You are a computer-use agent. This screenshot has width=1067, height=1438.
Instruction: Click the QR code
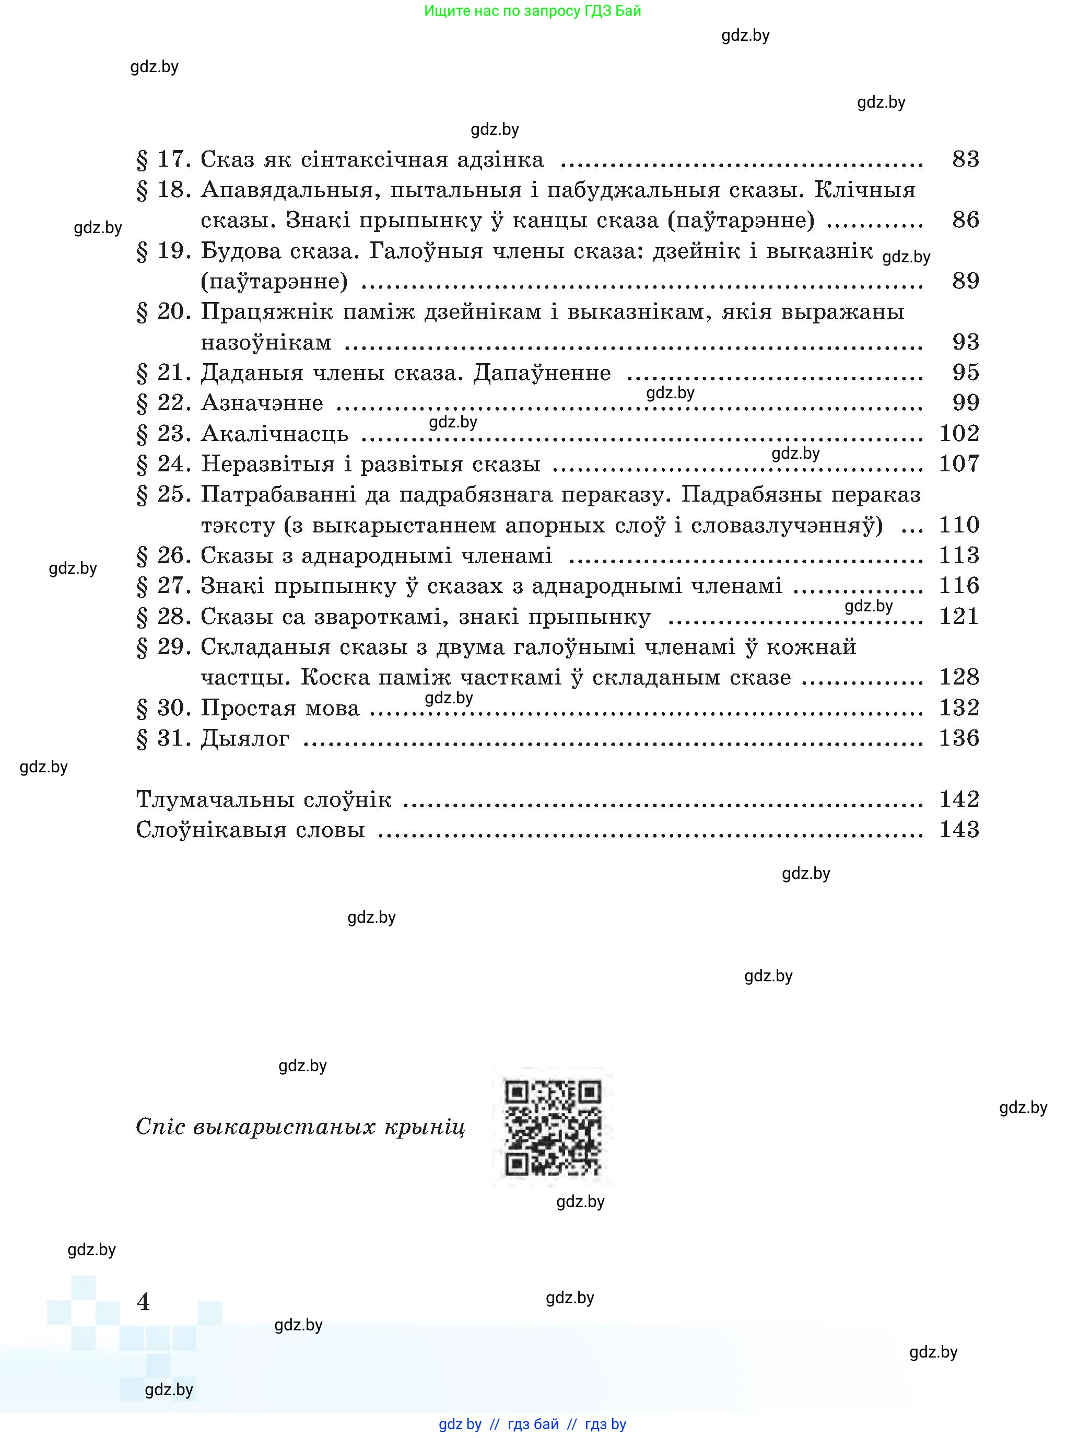[x=553, y=1128]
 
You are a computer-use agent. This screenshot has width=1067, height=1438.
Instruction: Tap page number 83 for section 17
[x=965, y=159]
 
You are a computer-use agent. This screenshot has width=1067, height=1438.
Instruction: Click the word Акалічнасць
[x=275, y=433]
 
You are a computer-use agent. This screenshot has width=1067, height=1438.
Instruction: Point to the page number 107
[x=958, y=463]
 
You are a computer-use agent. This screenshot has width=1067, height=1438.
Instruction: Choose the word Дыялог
[x=245, y=738]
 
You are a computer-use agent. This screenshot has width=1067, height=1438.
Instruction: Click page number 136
[x=958, y=737]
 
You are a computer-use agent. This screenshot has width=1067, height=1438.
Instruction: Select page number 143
[x=958, y=829]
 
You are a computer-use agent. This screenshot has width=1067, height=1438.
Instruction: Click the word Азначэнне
[x=262, y=403]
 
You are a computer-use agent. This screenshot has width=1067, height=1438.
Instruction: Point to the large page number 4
[x=144, y=1301]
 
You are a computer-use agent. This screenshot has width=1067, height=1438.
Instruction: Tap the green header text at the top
[x=532, y=10]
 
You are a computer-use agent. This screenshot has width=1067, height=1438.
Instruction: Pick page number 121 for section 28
[x=958, y=616]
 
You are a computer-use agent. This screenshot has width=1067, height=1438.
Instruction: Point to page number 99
[x=965, y=403]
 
